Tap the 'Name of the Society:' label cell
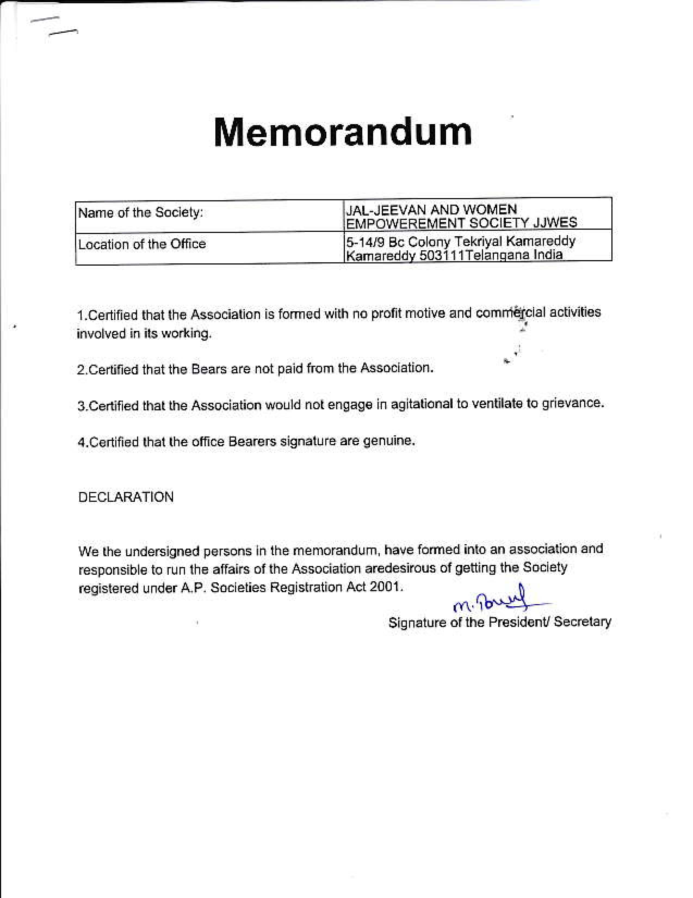click(141, 213)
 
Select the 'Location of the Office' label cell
click(142, 244)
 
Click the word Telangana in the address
click(497, 255)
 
